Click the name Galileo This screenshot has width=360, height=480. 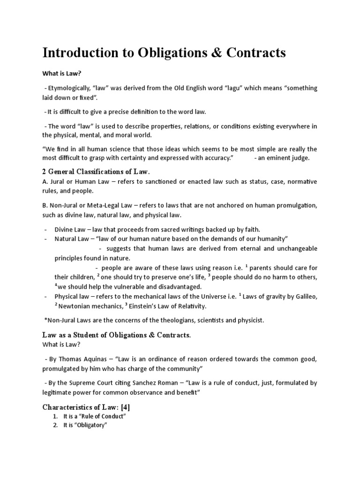(305, 297)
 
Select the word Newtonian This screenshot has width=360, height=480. (76, 306)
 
